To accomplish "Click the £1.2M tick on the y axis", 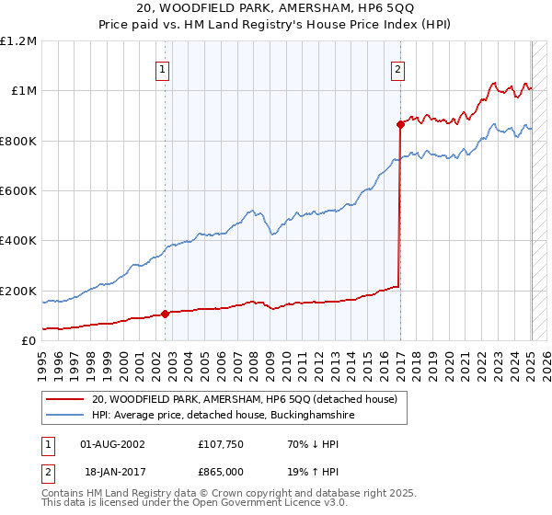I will pyautogui.click(x=19, y=40).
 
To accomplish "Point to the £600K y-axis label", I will pyautogui.click(x=19, y=190).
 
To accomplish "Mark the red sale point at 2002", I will pyautogui.click(x=166, y=314).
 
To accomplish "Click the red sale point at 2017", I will pyautogui.click(x=400, y=123).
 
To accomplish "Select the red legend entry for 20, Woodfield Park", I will pyautogui.click(x=244, y=399).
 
